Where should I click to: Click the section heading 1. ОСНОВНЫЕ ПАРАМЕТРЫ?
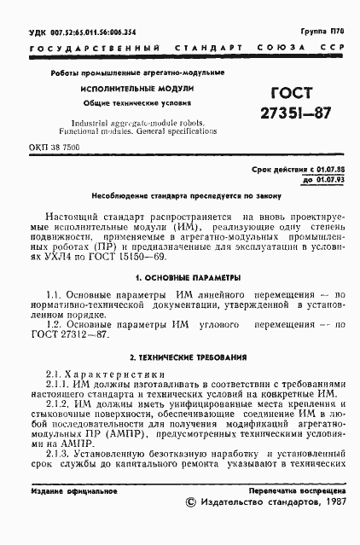coord(180,278)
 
